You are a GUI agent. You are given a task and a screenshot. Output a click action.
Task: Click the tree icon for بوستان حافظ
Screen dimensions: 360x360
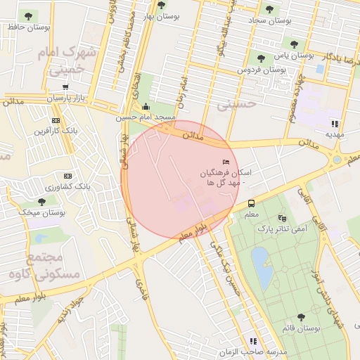click(x=28, y=15)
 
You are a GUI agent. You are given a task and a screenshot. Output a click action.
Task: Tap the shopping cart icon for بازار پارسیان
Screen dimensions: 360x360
click(x=65, y=88)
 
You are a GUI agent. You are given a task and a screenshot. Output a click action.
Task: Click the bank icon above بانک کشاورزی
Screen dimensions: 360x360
click(x=68, y=175)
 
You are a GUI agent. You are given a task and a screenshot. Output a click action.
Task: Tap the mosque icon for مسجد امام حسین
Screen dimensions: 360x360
click(x=146, y=107)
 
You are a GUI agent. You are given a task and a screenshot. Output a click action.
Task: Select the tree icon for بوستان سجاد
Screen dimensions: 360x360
click(x=269, y=10)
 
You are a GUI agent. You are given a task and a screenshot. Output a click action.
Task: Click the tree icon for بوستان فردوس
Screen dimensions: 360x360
click(x=261, y=58)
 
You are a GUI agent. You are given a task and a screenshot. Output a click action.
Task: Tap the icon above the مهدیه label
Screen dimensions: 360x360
click(x=334, y=123)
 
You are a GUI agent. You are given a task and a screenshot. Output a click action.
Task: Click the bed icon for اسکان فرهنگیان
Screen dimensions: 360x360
click(x=226, y=162)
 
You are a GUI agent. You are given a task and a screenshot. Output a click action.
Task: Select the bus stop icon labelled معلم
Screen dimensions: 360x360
click(x=251, y=204)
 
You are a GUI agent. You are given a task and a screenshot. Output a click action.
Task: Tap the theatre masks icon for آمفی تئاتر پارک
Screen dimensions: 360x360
click(x=282, y=218)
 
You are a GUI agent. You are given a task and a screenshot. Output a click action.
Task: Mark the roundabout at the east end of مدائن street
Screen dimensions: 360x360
click(x=337, y=160)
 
